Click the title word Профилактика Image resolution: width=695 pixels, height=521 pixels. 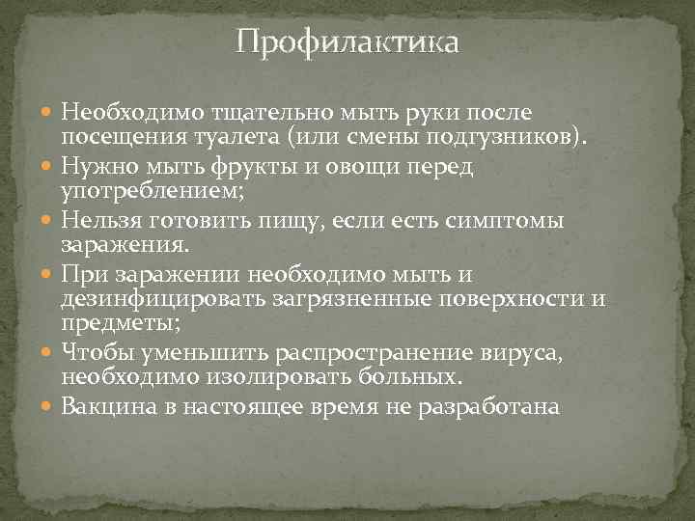(x=347, y=43)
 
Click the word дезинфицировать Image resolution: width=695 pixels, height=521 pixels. (x=161, y=299)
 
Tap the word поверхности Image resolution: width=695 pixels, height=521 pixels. (x=504, y=299)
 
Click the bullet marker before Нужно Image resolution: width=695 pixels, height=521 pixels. (x=50, y=168)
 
